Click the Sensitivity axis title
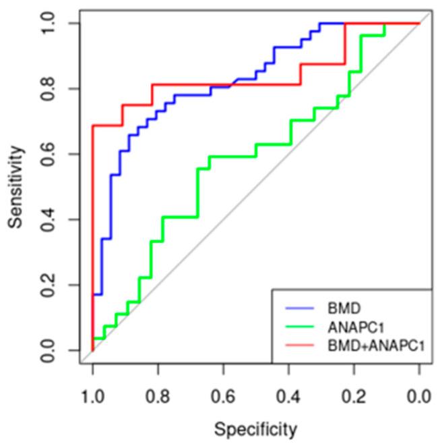tap(18, 186)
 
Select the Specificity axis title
tap(255, 428)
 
